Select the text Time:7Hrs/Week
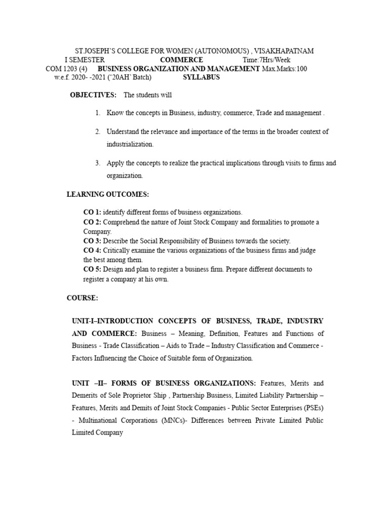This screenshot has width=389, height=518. pyautogui.click(x=266, y=60)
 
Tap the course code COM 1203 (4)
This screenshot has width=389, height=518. pyautogui.click(x=67, y=69)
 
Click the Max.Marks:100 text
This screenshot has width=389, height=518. pyautogui.click(x=284, y=69)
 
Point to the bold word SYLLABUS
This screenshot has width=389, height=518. pyautogui.click(x=201, y=77)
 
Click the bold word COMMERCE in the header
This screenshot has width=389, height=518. pyautogui.click(x=181, y=60)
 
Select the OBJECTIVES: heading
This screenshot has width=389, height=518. pyautogui.click(x=93, y=95)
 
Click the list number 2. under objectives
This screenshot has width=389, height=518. pyautogui.click(x=98, y=132)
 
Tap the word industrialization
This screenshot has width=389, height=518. pyautogui.click(x=129, y=144)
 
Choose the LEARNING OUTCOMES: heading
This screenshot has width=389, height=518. pyautogui.click(x=108, y=194)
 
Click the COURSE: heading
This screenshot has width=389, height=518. pyautogui.click(x=82, y=298)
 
